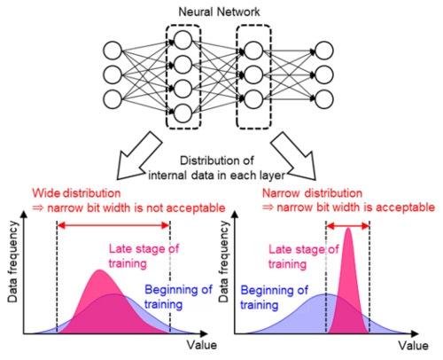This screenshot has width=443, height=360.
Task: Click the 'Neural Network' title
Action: coord(219,12)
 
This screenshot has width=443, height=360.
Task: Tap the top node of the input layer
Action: coord(113,51)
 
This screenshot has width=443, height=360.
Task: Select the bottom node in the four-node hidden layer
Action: coord(183,113)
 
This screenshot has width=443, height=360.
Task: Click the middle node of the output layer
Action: coord(324,74)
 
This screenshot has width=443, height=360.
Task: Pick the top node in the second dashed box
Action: coord(253,51)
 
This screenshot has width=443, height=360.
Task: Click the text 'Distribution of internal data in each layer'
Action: coord(216,168)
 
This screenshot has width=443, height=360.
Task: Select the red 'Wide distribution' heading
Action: coord(76,193)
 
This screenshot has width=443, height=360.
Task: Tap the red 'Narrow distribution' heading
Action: coord(312,193)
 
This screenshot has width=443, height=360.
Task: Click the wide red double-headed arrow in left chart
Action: coord(113,226)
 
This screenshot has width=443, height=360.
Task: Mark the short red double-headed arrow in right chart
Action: coord(347,226)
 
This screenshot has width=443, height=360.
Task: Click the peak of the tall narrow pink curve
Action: coord(348,228)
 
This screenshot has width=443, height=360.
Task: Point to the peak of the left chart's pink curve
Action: coord(99,270)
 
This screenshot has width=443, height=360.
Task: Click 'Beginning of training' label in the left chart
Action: coord(178,297)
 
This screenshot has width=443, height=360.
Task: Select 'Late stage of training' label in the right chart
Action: coord(303,256)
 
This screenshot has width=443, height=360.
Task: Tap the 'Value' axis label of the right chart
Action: coord(413,346)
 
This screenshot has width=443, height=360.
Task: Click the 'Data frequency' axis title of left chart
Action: coord(13,262)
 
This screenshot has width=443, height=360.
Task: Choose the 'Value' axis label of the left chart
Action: coord(202,345)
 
